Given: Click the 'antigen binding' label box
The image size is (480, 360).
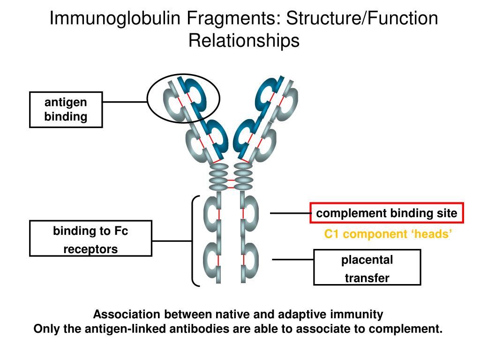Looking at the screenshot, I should coord(66,110).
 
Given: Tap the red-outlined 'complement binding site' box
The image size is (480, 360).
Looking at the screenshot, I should coord(387,213).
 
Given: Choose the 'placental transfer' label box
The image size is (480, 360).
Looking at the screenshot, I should coord(367,268).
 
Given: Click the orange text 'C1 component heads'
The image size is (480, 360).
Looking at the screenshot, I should coord(389,234).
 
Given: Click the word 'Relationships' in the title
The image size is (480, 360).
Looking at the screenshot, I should coord(244,40).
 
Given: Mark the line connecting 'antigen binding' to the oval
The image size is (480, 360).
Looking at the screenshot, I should coord(125,101).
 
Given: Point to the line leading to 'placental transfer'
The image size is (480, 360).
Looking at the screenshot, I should coord(293,259).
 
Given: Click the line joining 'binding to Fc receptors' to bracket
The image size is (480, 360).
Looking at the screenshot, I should coord(172,241).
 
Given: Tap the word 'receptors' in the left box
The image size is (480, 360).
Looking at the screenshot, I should coord(90,249).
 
